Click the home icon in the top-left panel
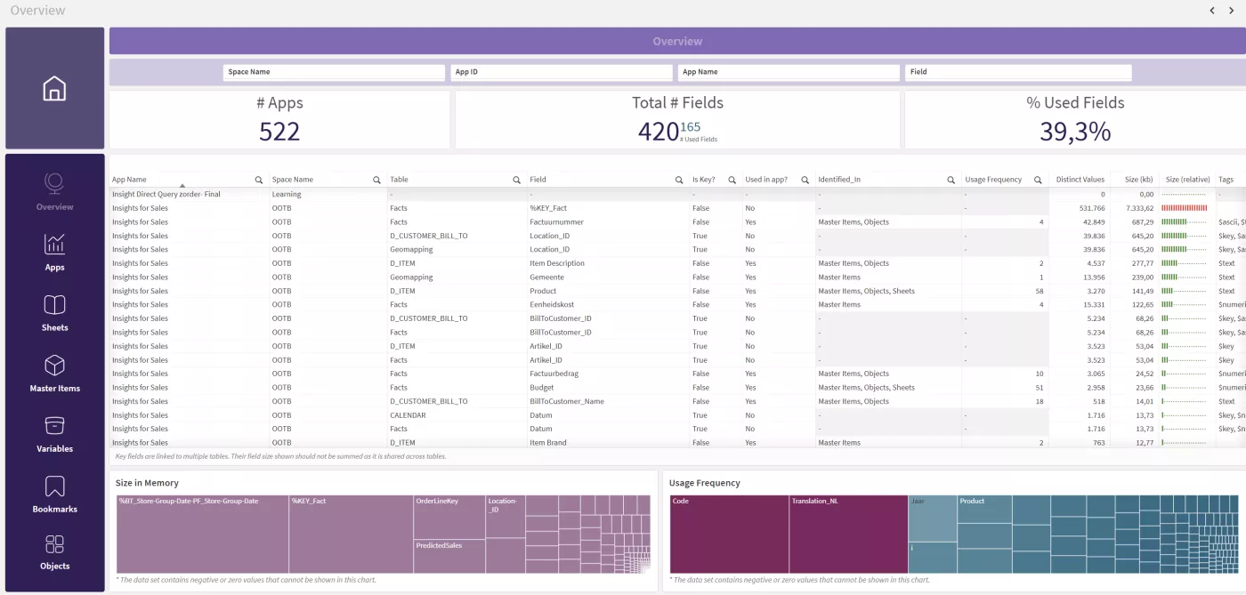click(54, 89)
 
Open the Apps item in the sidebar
click(54, 252)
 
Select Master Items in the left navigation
click(54, 373)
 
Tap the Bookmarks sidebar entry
click(54, 494)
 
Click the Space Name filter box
click(333, 72)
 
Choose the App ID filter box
click(561, 72)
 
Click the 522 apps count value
click(279, 132)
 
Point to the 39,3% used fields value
click(1075, 132)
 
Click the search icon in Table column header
click(516, 181)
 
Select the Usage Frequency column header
click(993, 180)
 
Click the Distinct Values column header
click(1080, 180)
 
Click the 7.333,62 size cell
click(1138, 208)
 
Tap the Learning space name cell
click(287, 194)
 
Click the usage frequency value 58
click(1040, 291)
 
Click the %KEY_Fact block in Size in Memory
click(351, 534)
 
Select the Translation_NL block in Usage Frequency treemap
click(847, 534)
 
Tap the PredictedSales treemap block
click(449, 556)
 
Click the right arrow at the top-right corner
click(1231, 11)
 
